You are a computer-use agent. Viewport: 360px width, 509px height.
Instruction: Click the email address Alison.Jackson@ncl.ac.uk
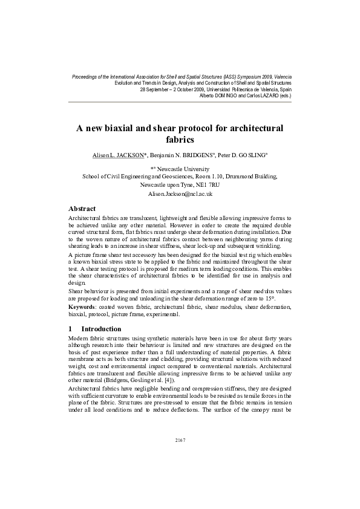coord(180,195)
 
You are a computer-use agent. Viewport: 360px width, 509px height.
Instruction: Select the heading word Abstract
coord(82,209)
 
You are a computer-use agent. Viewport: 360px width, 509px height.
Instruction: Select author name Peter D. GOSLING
coord(242,156)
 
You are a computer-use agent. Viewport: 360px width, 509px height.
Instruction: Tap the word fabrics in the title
coord(180,140)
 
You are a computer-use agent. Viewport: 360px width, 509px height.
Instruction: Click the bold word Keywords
coord(85,308)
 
